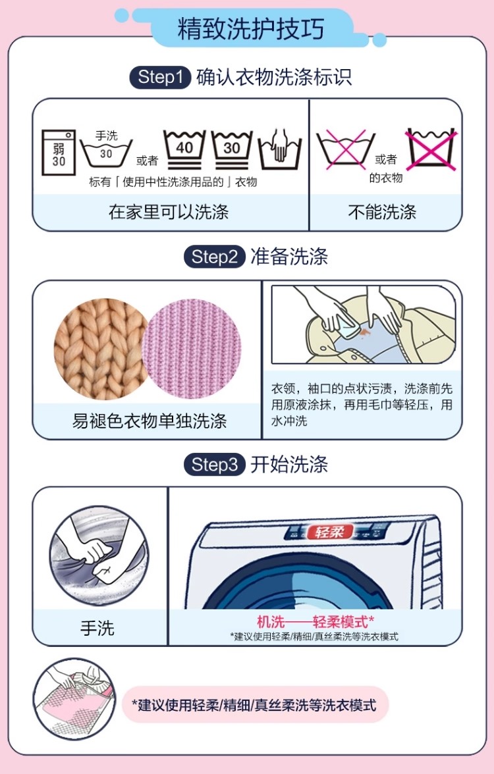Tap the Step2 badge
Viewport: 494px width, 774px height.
point(215,257)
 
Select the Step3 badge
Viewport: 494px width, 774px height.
point(215,465)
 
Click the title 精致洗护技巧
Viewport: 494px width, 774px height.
point(250,29)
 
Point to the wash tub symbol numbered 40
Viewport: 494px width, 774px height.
point(184,149)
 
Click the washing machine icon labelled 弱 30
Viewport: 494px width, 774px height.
point(58,153)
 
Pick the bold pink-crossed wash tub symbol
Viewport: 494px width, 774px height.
point(431,149)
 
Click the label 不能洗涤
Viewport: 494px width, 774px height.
point(382,212)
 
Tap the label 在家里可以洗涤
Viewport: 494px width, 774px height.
point(169,212)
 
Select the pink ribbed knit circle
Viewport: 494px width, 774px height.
point(192,349)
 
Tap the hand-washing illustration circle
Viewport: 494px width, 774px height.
point(99,556)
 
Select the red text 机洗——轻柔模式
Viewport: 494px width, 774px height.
point(315,622)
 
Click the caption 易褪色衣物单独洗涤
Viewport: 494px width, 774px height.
point(149,421)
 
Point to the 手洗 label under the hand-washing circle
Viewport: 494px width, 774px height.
point(97,629)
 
